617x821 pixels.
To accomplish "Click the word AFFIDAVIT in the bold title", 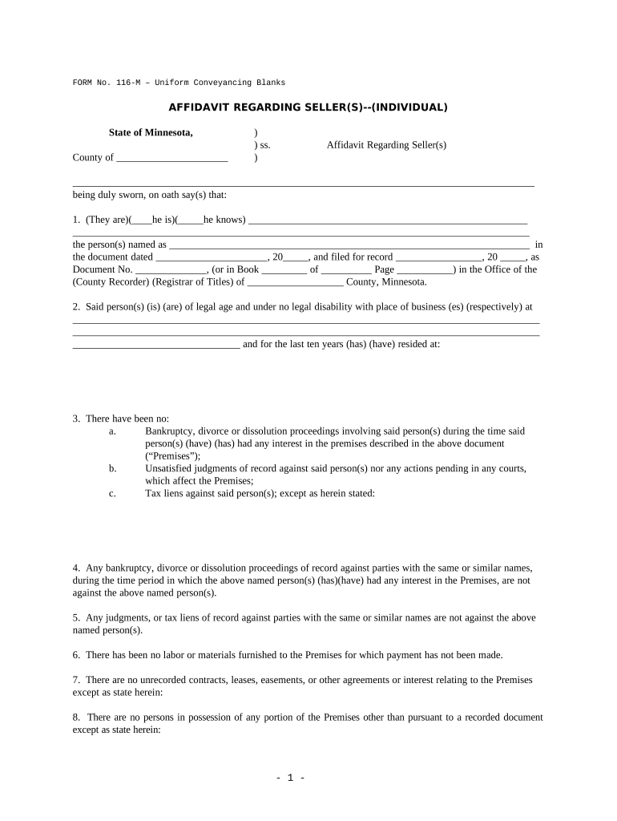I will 197,107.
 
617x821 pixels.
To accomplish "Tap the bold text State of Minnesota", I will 151,132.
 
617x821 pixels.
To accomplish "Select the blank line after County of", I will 172,158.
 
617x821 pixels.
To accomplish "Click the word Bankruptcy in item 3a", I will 171,431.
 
